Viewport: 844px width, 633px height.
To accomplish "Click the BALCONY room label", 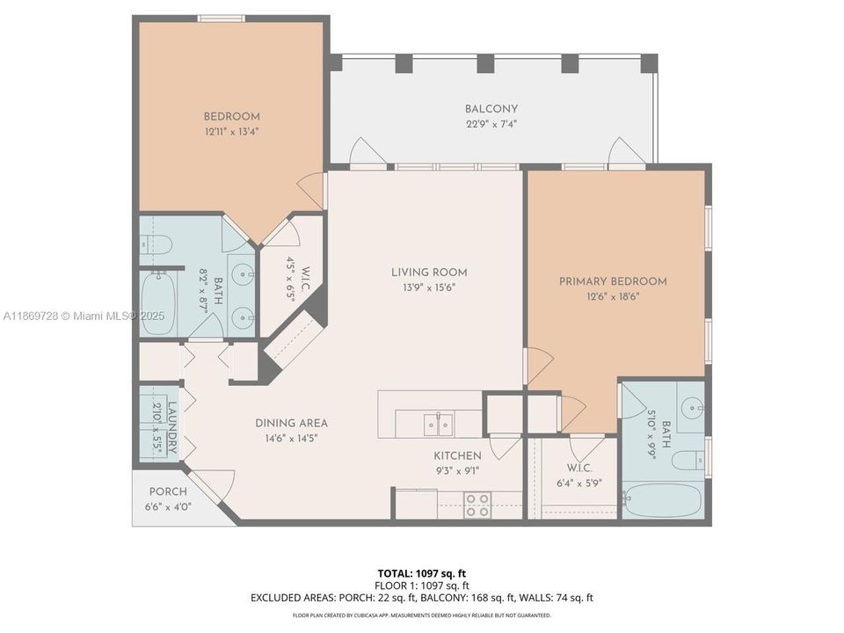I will click(491, 109).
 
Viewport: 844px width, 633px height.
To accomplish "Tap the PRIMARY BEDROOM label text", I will click(613, 281).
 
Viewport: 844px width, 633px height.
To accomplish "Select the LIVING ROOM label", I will click(429, 273).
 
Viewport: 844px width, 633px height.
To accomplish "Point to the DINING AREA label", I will click(291, 423).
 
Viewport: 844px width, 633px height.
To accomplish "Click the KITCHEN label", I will click(457, 455).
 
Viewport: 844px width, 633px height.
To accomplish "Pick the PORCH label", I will click(167, 491).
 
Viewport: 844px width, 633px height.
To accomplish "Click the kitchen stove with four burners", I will click(477, 505).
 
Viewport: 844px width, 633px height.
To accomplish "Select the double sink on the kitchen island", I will click(439, 424).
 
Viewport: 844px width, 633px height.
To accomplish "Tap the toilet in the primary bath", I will click(687, 459).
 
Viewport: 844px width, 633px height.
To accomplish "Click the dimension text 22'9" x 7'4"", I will click(491, 124).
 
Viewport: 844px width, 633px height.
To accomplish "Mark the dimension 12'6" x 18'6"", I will click(613, 296).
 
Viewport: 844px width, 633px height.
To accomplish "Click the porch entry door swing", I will click(215, 483).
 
